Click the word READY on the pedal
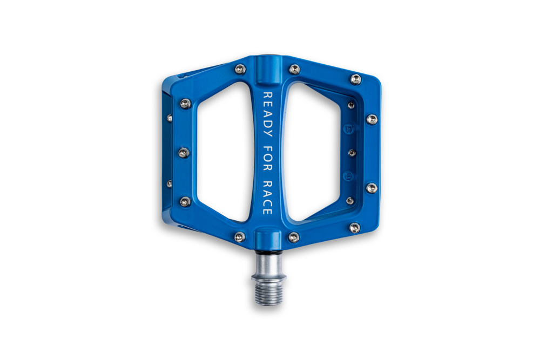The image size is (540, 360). click(x=268, y=114)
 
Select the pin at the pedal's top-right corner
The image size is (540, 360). click(x=356, y=79)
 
